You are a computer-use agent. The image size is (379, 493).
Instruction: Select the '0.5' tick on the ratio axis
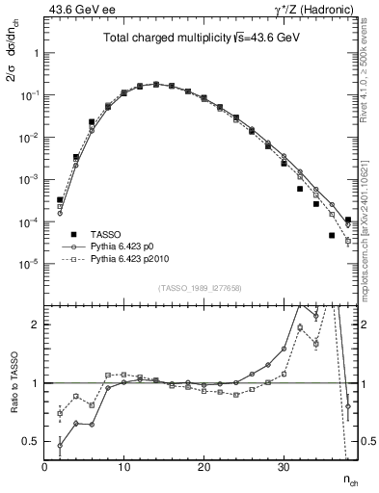(32, 441)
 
